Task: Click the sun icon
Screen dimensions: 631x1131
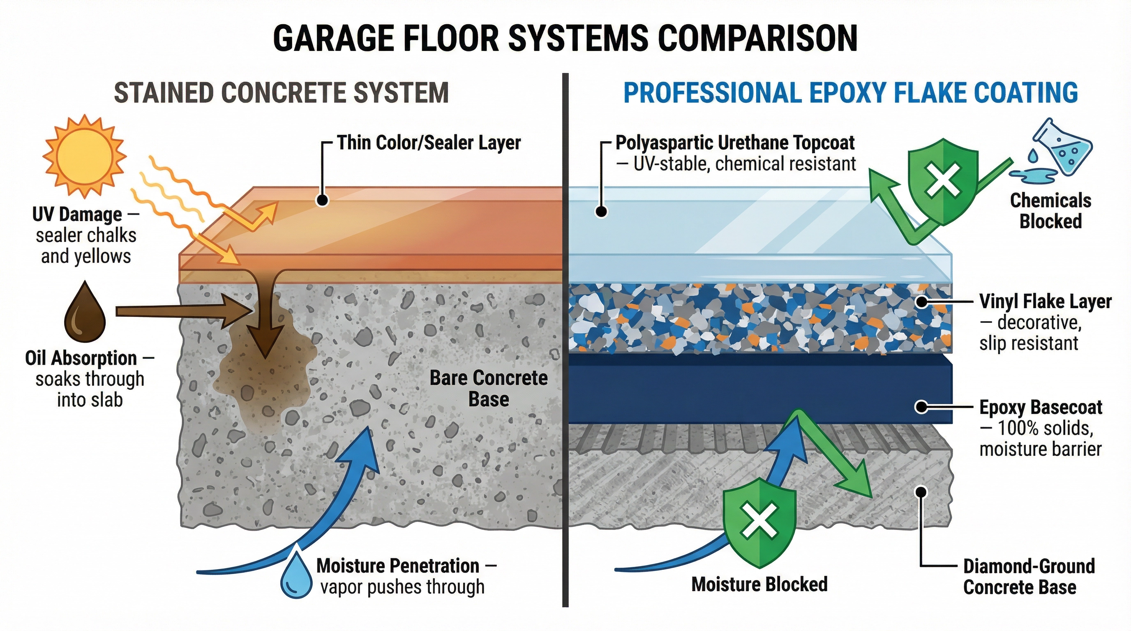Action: [84, 156]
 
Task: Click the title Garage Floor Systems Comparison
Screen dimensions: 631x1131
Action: [565, 38]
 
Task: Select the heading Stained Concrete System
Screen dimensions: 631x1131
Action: [282, 92]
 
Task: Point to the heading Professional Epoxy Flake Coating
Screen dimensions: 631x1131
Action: [850, 92]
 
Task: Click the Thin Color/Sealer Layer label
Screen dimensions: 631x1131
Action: [429, 143]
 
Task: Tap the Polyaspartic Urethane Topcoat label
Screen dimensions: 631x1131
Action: [735, 143]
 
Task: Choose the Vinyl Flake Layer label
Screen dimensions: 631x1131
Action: [1046, 302]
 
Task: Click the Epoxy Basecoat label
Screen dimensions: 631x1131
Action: [1041, 408]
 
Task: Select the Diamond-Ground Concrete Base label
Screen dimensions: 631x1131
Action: [1029, 566]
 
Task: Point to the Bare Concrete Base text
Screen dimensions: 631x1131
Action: [488, 388]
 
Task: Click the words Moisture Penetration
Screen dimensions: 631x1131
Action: [398, 566]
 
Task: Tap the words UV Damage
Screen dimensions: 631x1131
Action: [77, 214]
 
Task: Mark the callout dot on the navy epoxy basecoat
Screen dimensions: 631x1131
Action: [921, 407]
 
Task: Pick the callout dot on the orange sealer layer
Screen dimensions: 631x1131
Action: [323, 200]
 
